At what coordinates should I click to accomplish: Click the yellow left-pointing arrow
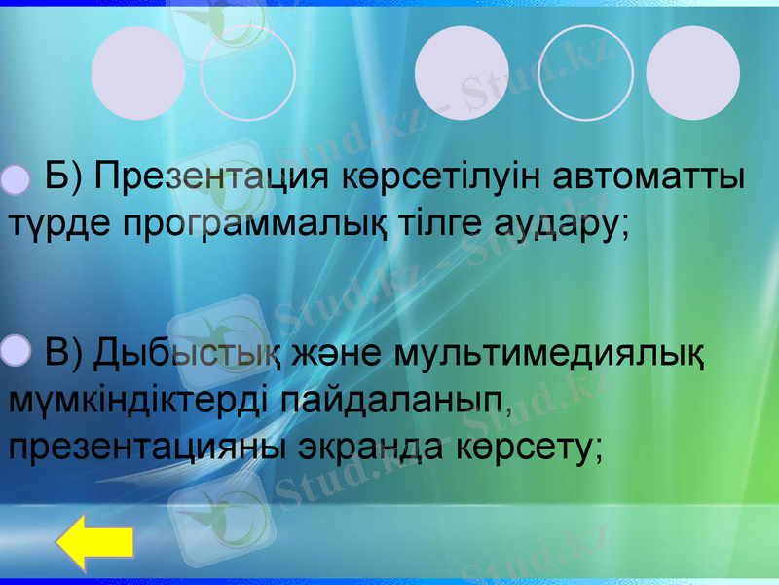[94, 544]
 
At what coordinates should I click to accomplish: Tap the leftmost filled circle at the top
[138, 73]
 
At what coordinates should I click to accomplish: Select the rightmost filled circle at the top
[692, 73]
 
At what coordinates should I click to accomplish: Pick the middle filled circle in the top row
[462, 73]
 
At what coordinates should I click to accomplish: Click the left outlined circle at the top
[247, 73]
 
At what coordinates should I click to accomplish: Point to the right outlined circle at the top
[585, 73]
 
